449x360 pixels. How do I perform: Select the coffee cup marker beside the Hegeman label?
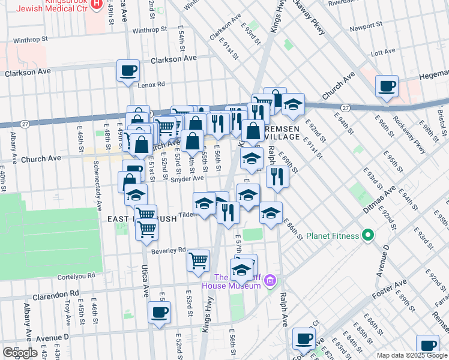(387, 86)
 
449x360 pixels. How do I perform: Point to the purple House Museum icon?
(270, 280)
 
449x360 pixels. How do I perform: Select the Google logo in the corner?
(20, 352)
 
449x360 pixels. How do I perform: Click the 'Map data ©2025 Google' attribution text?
(412, 356)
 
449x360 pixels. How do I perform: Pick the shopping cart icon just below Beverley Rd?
(198, 261)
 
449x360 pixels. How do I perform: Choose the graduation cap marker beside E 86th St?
(271, 213)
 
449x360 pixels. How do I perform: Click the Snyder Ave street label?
(187, 178)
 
